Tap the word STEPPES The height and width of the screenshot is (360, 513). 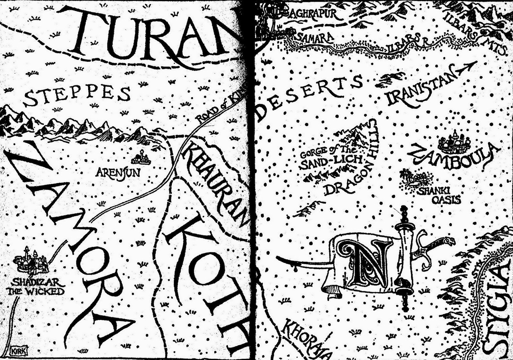[x=77, y=95]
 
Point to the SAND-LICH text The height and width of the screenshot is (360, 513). [x=332, y=163]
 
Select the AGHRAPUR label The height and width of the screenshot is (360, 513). [x=309, y=14]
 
